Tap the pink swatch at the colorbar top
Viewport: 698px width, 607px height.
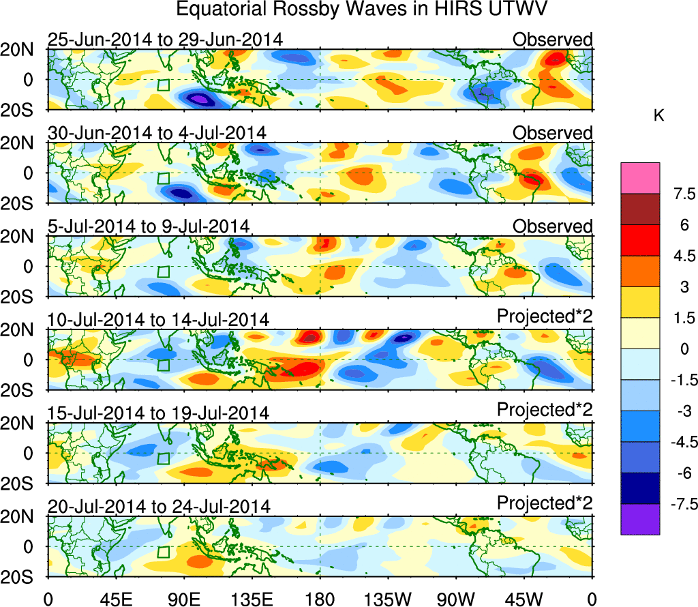640,178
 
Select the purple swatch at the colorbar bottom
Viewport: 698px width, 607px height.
640,519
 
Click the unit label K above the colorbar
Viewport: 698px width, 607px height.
659,116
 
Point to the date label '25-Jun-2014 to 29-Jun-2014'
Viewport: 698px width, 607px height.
165,40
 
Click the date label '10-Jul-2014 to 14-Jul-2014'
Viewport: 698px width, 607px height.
159,319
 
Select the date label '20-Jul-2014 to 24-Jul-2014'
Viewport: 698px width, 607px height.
159,506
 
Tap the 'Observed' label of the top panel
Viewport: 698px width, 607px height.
553,40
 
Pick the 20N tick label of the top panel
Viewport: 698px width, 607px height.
24,50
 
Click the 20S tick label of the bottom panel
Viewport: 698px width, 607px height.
24,577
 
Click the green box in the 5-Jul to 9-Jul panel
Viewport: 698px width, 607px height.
163,271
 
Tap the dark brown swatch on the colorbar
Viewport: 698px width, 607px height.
640,209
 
